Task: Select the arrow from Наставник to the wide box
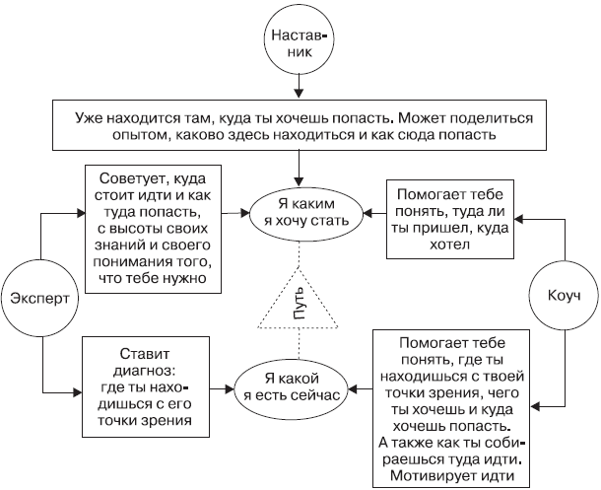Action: [299, 87]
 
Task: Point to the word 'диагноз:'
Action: [146, 371]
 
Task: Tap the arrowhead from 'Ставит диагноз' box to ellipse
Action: [230, 389]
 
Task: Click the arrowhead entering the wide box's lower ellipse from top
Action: [299, 181]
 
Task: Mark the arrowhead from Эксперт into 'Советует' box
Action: [80, 214]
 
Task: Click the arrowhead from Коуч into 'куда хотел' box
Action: [519, 219]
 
